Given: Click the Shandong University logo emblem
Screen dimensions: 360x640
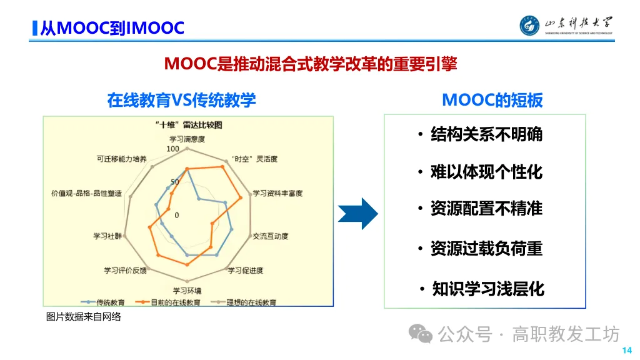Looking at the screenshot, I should tap(531, 25).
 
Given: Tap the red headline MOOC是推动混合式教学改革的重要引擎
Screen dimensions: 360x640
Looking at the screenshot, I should tap(310, 64).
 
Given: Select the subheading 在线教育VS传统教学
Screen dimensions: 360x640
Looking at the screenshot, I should tap(181, 100).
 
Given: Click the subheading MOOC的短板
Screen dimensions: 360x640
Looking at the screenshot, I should tap(492, 100).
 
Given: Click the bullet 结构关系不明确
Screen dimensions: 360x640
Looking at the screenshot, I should tap(486, 134).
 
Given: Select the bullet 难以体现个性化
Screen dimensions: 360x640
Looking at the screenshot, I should tap(486, 172).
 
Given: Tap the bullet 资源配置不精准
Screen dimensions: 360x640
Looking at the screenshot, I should tap(486, 208).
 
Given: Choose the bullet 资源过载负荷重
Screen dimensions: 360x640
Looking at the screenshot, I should tap(486, 249).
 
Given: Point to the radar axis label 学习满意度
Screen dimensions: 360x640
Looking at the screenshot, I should tap(187, 139).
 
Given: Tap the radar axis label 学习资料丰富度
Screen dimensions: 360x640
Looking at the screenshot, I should tap(277, 194).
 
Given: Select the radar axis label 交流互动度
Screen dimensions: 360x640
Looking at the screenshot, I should tap(271, 236).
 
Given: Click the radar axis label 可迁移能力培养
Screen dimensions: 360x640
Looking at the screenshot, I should tap(122, 159).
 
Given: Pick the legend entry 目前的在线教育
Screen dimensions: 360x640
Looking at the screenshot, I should tap(176, 302).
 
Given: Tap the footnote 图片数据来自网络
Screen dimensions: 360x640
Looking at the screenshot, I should tap(84, 317).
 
